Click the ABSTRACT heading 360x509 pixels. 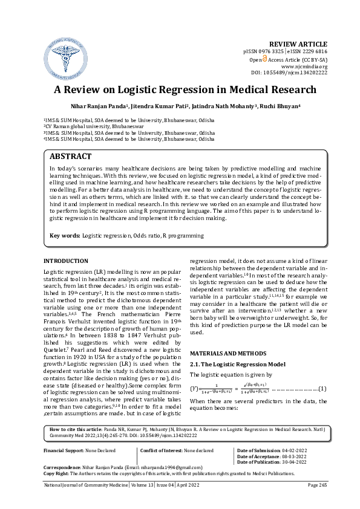click(x=71, y=156)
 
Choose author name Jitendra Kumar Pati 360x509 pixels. click(x=157, y=106)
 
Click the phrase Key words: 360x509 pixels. click(x=64, y=235)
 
